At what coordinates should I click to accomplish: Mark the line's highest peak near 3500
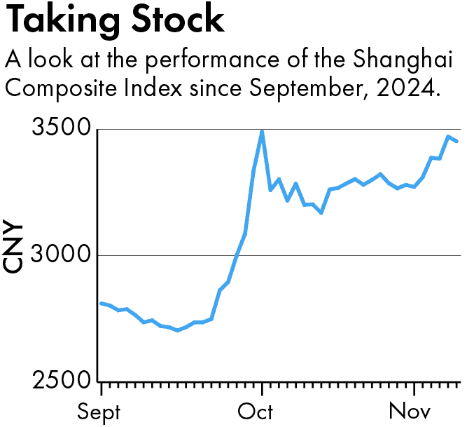(262, 131)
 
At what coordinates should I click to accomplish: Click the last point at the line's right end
(457, 141)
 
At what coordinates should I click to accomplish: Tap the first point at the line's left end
(102, 303)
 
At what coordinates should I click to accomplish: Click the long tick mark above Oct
(262, 388)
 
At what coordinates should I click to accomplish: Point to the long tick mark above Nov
(414, 388)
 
